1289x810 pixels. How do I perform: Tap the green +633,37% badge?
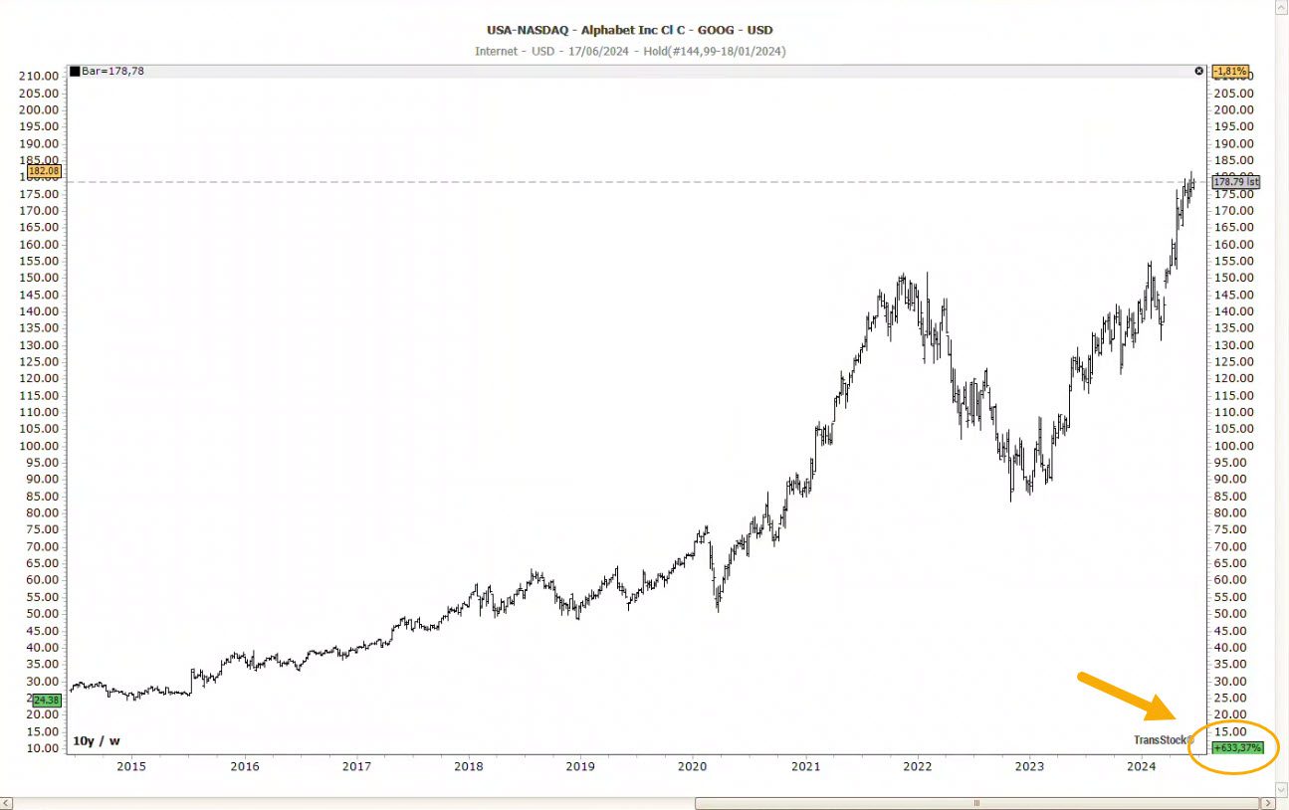click(1237, 747)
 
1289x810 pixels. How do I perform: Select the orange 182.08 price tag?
click(45, 171)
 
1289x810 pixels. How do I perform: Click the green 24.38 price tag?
click(47, 700)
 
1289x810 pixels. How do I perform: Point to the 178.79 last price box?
click(1236, 182)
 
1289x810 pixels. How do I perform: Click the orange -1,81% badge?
click(1229, 72)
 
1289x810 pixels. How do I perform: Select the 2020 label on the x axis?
click(692, 766)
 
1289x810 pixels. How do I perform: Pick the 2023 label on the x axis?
click(1028, 766)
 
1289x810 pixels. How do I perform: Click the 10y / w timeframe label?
click(97, 740)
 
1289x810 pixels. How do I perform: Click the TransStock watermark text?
click(1163, 739)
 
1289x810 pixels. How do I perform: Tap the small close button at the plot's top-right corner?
click(1198, 72)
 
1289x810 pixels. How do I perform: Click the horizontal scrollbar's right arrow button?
click(1267, 802)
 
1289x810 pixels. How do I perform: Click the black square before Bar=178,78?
click(75, 72)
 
